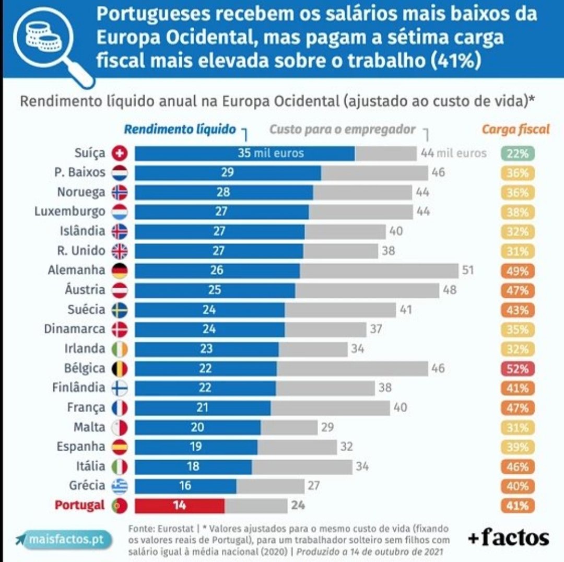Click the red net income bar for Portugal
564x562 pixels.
180,506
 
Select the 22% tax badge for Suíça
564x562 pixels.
517,154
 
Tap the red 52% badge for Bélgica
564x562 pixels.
517,369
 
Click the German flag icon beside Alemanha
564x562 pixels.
120,271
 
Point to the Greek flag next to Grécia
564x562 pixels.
120,486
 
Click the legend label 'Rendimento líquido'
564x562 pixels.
180,130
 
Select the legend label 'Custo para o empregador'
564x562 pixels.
343,130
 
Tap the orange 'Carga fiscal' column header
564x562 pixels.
516,130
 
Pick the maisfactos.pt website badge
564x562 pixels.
63,539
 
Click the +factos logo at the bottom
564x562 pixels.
508,537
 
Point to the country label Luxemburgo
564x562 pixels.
69,212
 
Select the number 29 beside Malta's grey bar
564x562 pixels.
327,427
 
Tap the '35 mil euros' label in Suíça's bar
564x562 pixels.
271,154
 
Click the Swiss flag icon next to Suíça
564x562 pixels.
120,154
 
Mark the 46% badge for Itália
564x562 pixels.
517,466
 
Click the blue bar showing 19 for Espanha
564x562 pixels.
196,447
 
